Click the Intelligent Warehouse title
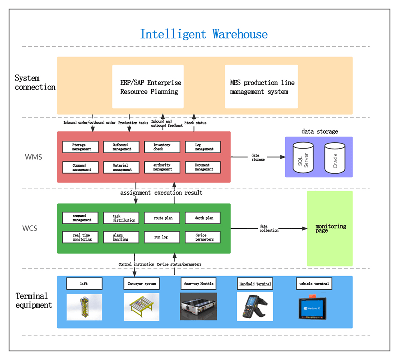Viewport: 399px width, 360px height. (x=203, y=34)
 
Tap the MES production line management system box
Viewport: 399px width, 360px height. (x=261, y=86)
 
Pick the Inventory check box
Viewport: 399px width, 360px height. (x=162, y=147)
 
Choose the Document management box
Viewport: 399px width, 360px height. (x=203, y=167)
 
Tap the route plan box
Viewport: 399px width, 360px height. (x=162, y=218)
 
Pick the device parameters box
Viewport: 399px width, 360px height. (x=203, y=237)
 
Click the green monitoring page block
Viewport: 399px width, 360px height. (x=330, y=228)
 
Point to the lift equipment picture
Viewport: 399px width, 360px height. (x=84, y=307)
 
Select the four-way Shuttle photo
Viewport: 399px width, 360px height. (x=198, y=306)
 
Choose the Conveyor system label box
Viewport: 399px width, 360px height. (x=141, y=283)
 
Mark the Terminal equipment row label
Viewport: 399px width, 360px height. (x=33, y=301)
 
